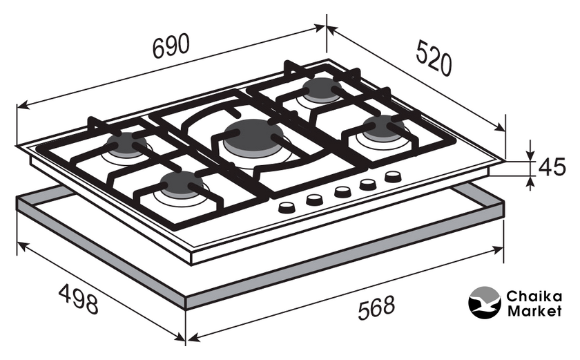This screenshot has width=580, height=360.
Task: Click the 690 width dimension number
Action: coord(171,46)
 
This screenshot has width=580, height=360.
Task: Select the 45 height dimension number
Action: coord(552,167)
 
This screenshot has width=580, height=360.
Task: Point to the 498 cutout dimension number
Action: coord(79,299)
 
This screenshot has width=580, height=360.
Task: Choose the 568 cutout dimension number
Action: coord(376,307)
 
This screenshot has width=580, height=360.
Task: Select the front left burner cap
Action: coord(181,182)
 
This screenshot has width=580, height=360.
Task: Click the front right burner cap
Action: coord(383,126)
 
